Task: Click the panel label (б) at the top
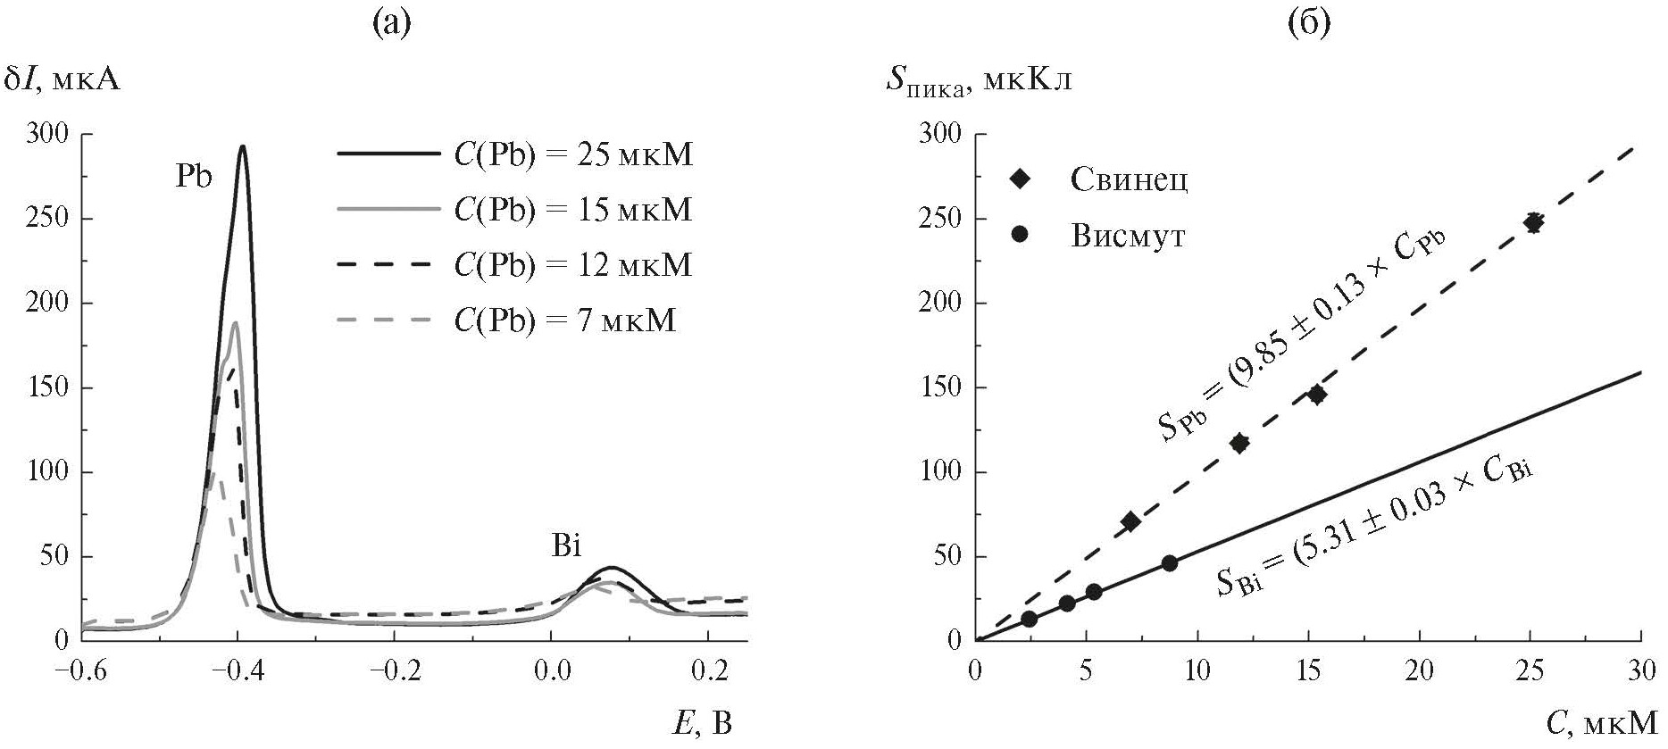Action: point(1309,23)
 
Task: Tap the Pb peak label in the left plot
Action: point(194,177)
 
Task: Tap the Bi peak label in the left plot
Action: point(566,545)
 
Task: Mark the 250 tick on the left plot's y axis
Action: point(49,219)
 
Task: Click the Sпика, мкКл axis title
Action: point(979,80)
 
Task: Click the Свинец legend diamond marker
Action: point(1020,179)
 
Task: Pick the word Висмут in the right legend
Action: point(1128,236)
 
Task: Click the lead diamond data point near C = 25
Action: point(1533,222)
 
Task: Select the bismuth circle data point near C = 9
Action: point(1170,562)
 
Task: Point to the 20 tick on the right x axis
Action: point(1420,670)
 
